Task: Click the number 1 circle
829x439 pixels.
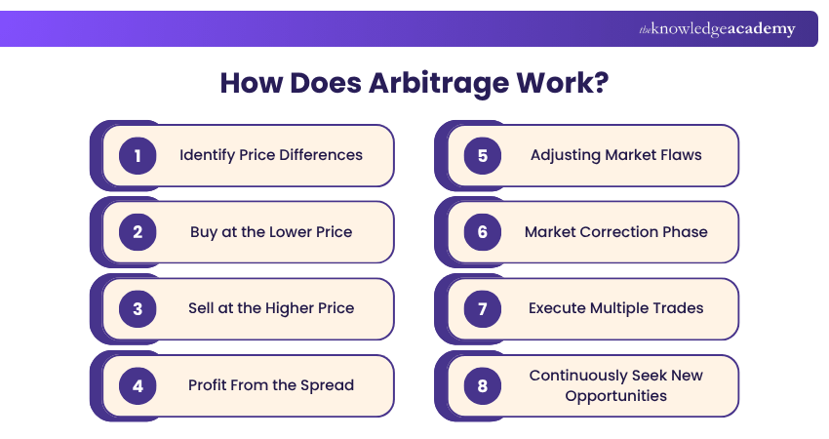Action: [x=138, y=155]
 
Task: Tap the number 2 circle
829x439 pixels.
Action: [x=138, y=232]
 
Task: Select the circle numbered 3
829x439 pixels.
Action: [x=138, y=308]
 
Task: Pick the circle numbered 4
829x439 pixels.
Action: [x=138, y=385]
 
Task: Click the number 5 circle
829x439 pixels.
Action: [x=482, y=155]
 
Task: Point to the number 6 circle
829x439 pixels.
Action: [x=482, y=232]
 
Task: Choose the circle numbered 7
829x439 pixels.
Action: [x=482, y=308]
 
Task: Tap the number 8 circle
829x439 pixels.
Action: [x=482, y=385]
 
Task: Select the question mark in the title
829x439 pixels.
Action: [x=601, y=81]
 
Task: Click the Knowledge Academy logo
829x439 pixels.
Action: [x=716, y=29]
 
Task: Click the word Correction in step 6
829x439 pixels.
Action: [x=621, y=232]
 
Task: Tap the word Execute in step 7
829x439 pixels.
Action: [x=558, y=308]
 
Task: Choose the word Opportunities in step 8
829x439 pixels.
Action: [x=616, y=396]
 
